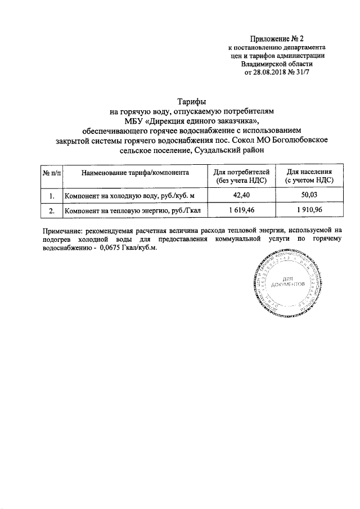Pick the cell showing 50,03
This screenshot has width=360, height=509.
click(309, 196)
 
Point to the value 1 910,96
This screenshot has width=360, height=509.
click(309, 211)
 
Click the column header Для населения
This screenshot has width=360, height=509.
click(309, 172)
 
